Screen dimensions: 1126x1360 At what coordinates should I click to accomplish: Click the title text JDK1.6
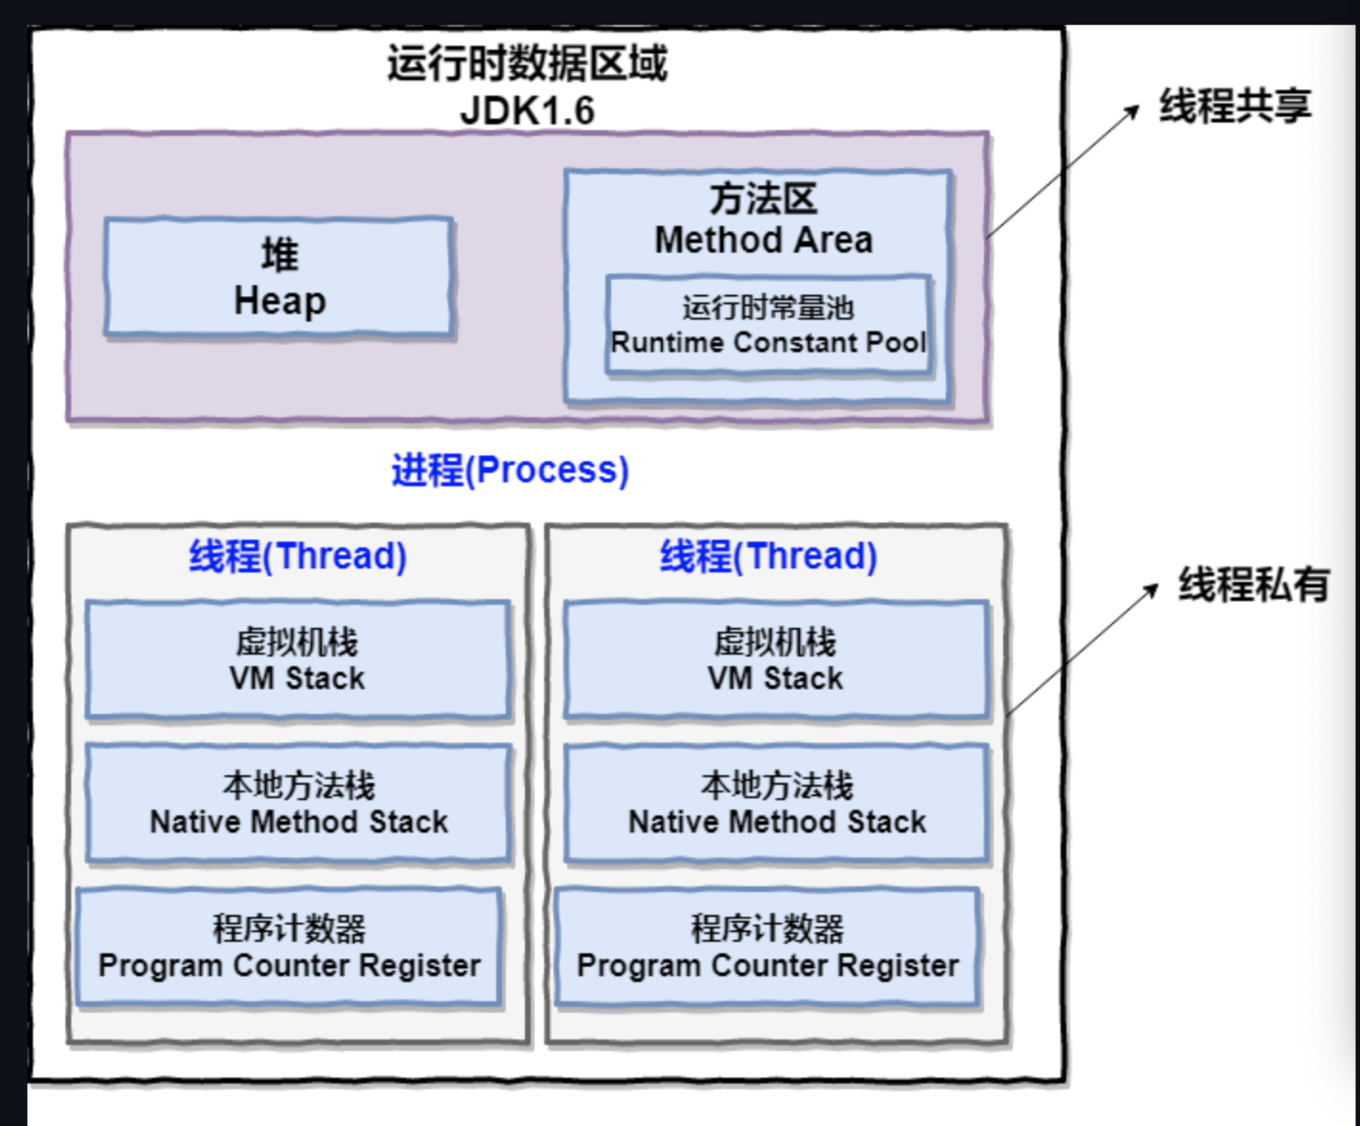527,111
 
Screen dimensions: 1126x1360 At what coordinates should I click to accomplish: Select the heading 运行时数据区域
527,63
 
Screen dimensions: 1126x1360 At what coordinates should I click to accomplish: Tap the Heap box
279,278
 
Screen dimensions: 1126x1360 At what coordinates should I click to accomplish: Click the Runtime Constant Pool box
768,325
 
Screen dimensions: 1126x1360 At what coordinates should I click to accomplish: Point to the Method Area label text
764,240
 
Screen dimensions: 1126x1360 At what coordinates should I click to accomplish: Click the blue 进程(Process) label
510,470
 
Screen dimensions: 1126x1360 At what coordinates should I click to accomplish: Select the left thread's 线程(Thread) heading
297,556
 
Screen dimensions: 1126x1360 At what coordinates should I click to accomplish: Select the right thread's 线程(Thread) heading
768,556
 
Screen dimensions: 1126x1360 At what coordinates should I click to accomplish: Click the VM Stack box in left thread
297,660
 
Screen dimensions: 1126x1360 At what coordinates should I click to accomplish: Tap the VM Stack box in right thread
776,660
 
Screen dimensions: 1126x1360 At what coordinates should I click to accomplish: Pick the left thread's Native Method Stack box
298,803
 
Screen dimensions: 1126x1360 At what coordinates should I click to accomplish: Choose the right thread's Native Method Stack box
777,803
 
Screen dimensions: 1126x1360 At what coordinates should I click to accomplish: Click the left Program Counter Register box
289,947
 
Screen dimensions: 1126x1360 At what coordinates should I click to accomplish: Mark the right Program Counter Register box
767,947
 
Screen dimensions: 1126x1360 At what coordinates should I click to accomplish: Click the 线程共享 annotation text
1234,106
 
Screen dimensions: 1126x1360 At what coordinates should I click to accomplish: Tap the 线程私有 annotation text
1253,584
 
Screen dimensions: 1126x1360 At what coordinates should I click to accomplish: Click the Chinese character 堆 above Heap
280,254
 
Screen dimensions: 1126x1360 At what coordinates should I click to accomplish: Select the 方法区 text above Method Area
764,199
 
